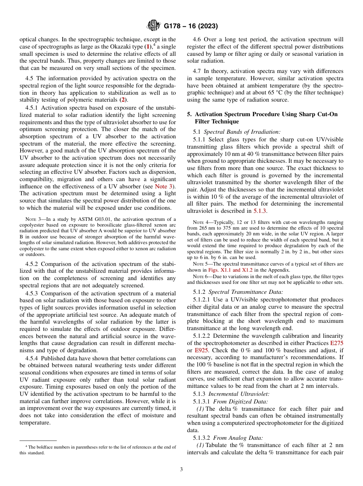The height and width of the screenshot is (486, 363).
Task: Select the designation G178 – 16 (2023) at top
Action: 191,26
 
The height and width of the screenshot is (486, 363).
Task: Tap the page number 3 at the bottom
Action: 181,469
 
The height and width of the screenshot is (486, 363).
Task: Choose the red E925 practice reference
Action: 201,350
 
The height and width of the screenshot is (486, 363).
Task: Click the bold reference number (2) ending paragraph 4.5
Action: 123,100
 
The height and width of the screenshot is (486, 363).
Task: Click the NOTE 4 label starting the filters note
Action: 200,222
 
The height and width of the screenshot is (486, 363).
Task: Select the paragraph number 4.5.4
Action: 32,358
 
